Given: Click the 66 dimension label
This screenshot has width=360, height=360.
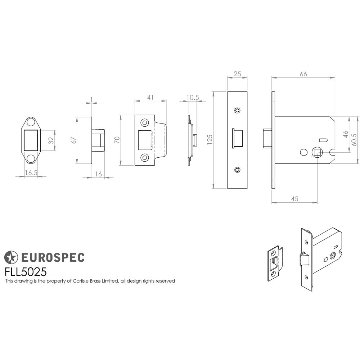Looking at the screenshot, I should coord(303,74).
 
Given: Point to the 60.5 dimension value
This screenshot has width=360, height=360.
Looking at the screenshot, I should coord(354,140).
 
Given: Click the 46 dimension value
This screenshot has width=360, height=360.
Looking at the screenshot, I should coord(345,134).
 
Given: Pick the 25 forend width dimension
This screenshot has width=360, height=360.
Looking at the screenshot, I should coord(237,74).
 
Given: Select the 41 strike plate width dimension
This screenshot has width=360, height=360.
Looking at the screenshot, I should coord(150,97).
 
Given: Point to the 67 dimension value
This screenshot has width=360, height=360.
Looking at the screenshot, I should coord(74,140).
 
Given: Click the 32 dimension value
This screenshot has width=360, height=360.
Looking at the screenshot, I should coord(51,140).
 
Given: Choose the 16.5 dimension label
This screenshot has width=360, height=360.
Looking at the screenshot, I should coord(31,173).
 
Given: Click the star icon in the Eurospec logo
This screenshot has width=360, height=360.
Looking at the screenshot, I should coord(11,257).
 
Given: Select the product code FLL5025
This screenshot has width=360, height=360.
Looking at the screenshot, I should coord(25,271).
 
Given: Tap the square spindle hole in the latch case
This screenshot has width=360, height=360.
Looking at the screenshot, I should coord(317,153).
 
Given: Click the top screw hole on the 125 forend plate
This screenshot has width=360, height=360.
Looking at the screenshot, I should coord(237,110).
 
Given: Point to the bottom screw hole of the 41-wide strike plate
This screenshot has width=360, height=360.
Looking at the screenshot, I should coord(145,157).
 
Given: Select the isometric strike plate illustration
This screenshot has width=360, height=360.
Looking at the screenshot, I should coord(275,263).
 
